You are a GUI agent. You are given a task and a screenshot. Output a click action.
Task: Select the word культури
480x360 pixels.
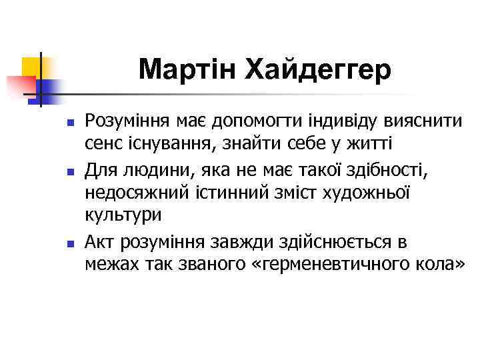[123, 215]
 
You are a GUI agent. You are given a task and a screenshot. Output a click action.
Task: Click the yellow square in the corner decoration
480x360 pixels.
[31, 66]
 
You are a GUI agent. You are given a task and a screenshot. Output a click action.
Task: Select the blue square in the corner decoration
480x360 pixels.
[49, 89]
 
